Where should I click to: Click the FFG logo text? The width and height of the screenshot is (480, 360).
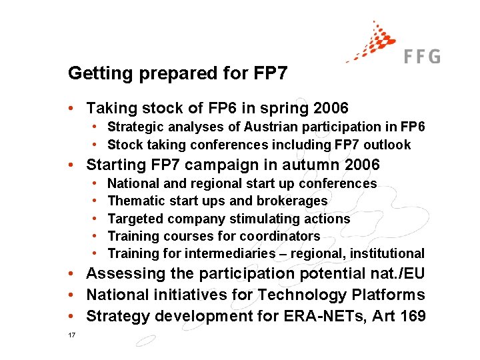tap(422, 56)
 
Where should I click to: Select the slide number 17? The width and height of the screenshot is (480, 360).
tap(71, 335)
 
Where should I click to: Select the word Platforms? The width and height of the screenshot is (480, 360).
tap(391, 295)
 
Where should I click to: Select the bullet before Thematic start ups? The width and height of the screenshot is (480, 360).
tap(97, 201)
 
